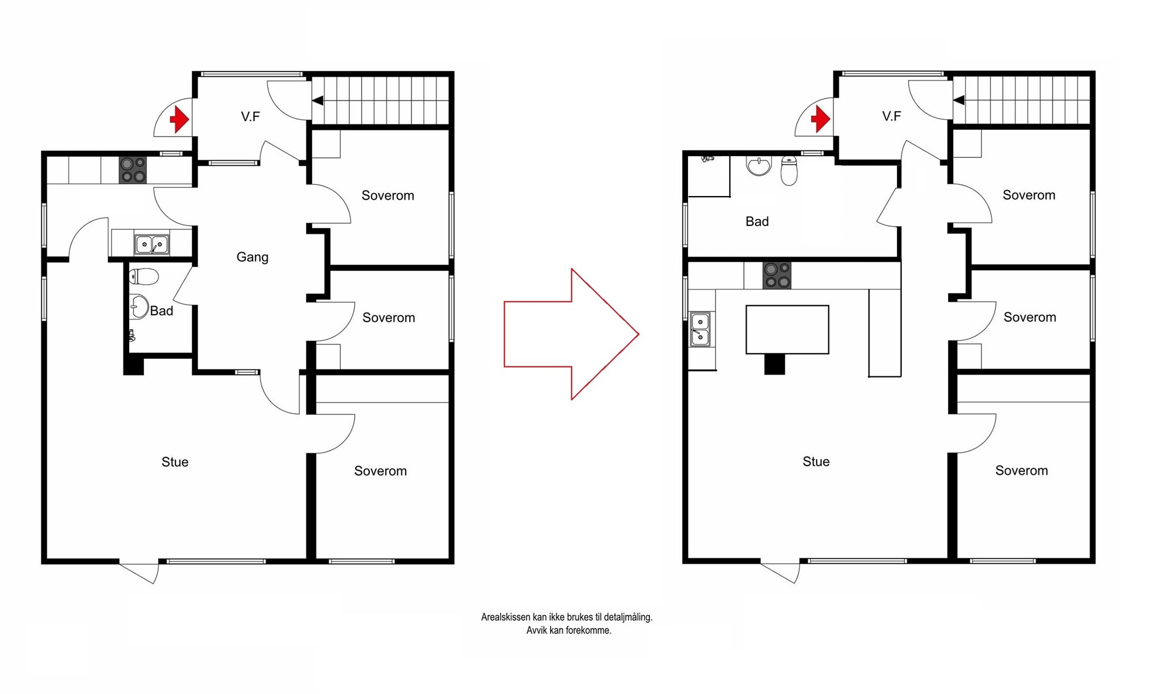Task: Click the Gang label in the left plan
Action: pyautogui.click(x=252, y=257)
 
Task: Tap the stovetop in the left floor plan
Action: pyautogui.click(x=133, y=170)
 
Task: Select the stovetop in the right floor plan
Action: pyautogui.click(x=777, y=275)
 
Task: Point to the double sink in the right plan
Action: pyautogui.click(x=700, y=329)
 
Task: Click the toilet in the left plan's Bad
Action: pyautogui.click(x=144, y=277)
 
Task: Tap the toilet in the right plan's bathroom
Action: pyautogui.click(x=790, y=170)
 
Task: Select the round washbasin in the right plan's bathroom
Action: pyautogui.click(x=759, y=166)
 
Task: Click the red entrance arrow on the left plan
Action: pyautogui.click(x=180, y=120)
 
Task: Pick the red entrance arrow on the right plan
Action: pyautogui.click(x=821, y=119)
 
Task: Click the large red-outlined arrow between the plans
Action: pyautogui.click(x=571, y=334)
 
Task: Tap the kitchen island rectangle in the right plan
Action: pyautogui.click(x=787, y=329)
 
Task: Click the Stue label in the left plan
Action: pyautogui.click(x=175, y=462)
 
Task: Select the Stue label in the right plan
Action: pyautogui.click(x=816, y=461)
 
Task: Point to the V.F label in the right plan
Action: pyautogui.click(x=891, y=116)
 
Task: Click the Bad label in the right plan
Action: pyautogui.click(x=757, y=221)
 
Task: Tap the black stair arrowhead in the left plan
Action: pyautogui.click(x=318, y=101)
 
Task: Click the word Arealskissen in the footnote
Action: pyautogui.click(x=505, y=617)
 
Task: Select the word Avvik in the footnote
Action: pyautogui.click(x=535, y=631)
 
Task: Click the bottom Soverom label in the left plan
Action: pyautogui.click(x=380, y=471)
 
